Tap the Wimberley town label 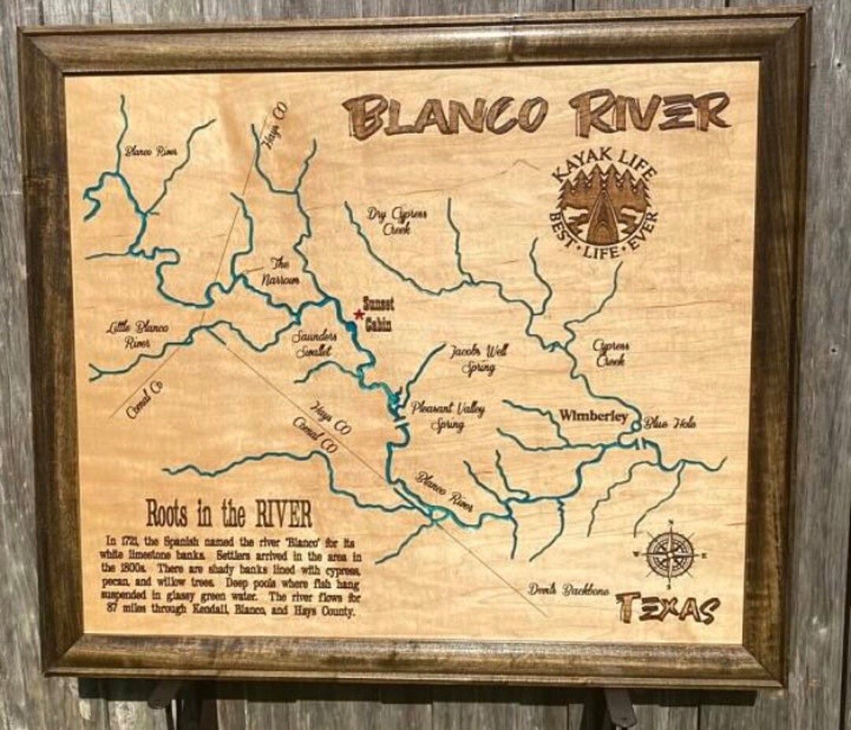tap(593, 416)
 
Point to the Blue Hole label tap(670, 423)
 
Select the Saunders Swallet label tap(315, 344)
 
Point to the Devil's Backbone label tap(568, 589)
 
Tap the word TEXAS tap(668, 607)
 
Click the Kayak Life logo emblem tap(604, 207)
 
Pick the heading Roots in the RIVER tap(229, 513)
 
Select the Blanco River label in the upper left tap(151, 151)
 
